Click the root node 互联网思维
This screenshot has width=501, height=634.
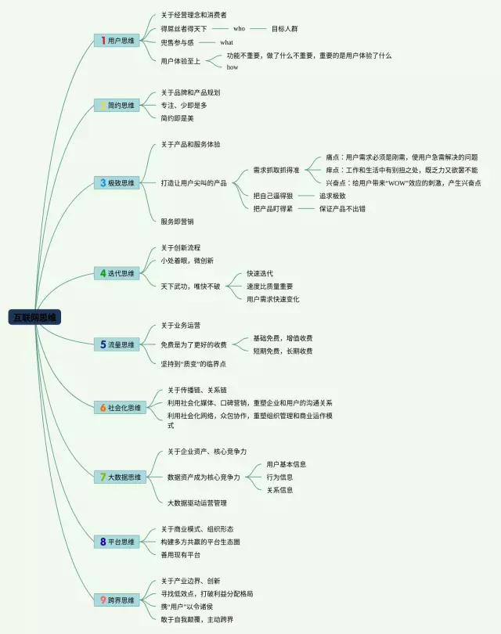click(35, 317)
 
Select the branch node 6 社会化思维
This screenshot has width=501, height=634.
click(121, 408)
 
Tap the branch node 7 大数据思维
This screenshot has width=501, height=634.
click(121, 477)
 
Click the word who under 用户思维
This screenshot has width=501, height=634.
click(240, 28)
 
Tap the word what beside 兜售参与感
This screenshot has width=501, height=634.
click(226, 42)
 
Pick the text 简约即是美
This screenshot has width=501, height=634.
click(177, 118)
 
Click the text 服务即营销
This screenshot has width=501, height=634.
click(177, 222)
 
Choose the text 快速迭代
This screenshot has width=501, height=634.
click(260, 273)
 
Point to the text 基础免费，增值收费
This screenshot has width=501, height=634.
click(283, 338)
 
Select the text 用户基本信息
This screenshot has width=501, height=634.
click(286, 464)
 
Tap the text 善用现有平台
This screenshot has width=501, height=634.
click(180, 555)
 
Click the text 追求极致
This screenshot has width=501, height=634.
click(332, 196)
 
